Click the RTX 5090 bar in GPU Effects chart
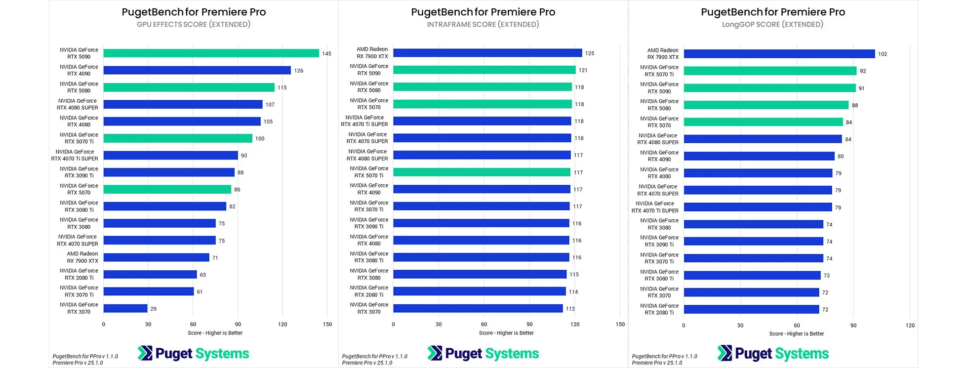[x=211, y=53]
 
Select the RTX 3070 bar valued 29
[x=125, y=309]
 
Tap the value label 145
[x=326, y=54]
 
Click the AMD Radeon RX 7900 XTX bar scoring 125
[x=487, y=53]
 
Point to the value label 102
[x=882, y=54]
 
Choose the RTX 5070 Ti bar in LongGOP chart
[x=769, y=71]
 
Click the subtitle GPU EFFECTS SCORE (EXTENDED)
[x=194, y=24]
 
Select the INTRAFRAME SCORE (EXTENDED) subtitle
[x=483, y=24]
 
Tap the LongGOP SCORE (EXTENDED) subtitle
[x=772, y=24]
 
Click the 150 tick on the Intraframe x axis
[x=620, y=325]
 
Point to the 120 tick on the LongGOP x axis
[x=910, y=326]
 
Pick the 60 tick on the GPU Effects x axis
[x=193, y=325]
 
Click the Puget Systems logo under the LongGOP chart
[x=773, y=354]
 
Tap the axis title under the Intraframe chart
[x=506, y=333]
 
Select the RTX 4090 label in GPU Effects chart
[x=79, y=70]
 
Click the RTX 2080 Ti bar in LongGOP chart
[x=751, y=310]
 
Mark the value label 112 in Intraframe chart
[x=570, y=309]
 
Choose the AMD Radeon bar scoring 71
[x=156, y=257]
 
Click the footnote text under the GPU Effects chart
[x=85, y=359]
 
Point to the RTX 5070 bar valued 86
[x=167, y=189]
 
